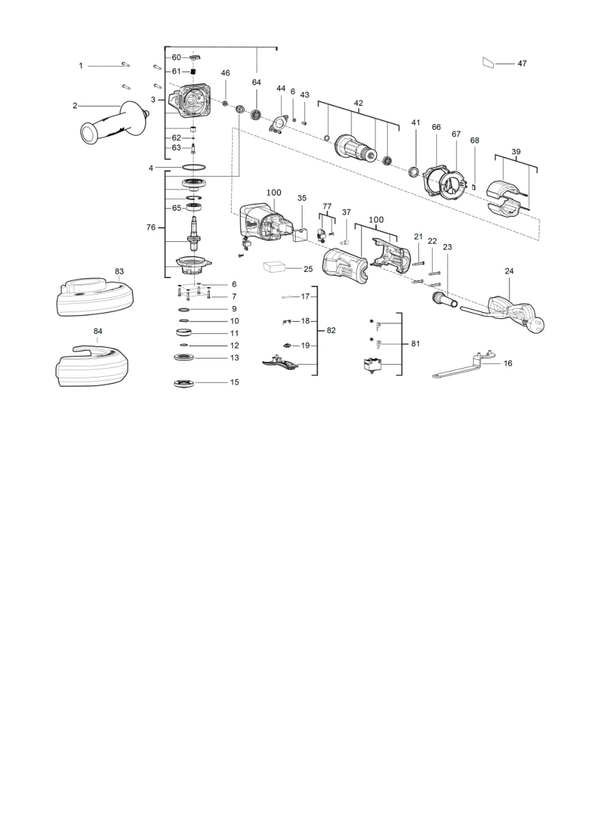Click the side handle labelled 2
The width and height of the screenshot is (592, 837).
(114, 123)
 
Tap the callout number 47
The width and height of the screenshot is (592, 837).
(522, 63)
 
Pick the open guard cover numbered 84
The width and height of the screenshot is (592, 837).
(92, 365)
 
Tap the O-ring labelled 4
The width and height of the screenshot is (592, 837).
(194, 167)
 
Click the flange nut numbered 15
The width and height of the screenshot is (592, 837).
(185, 383)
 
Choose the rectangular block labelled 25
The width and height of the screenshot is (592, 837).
(274, 267)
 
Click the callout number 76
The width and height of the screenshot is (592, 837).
(151, 227)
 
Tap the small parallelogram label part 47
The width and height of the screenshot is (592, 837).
(488, 63)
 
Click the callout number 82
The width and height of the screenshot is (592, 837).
(331, 331)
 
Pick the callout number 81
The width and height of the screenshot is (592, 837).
(416, 344)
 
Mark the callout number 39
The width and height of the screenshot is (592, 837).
(516, 152)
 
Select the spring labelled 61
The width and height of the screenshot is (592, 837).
(193, 72)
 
